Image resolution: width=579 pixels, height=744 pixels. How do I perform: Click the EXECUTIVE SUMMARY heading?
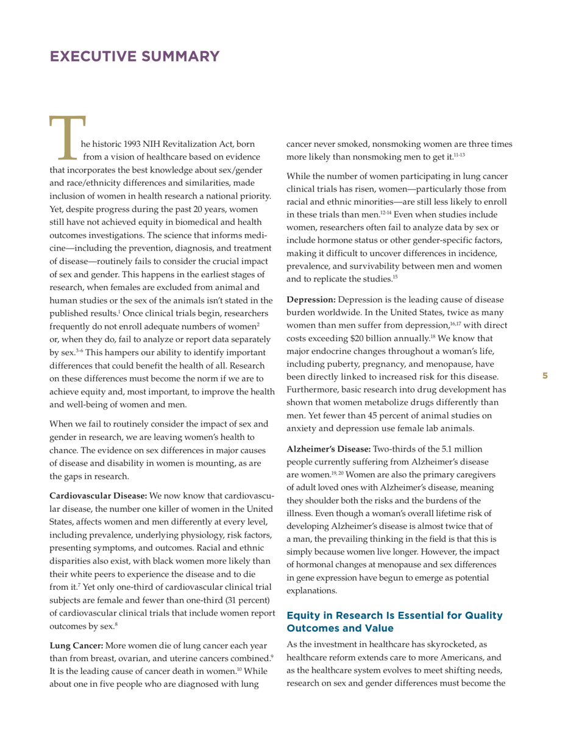coord(135,57)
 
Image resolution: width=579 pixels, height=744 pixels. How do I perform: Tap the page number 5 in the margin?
coord(545,376)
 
